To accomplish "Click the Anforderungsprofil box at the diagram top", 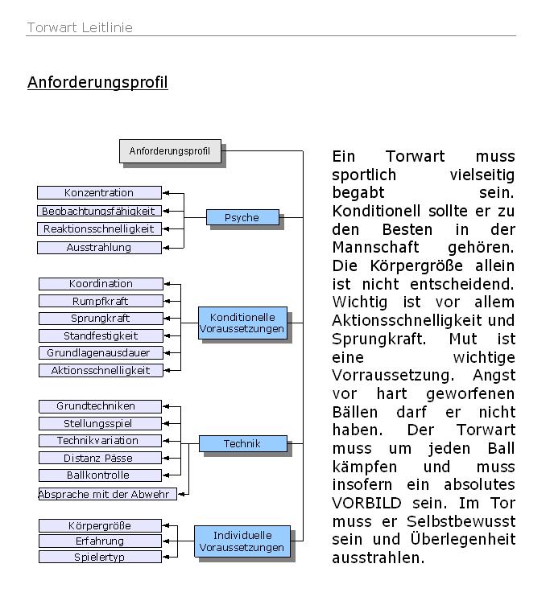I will [x=170, y=150].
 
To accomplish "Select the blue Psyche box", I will [x=242, y=217].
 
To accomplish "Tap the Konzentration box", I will [x=99, y=192].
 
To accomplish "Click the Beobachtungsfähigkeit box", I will [x=99, y=211].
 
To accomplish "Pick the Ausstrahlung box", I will [x=99, y=247].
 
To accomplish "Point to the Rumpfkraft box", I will [x=101, y=301].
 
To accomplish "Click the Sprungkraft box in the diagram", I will [x=101, y=318].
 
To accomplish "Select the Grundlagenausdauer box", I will [x=101, y=352].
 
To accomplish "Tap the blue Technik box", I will [x=242, y=443].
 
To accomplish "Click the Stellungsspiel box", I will [x=99, y=423].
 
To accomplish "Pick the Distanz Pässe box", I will [x=99, y=458].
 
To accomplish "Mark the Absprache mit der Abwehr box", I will [x=105, y=494].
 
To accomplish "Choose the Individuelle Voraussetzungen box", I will [x=242, y=541].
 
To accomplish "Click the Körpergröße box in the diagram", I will [x=99, y=525].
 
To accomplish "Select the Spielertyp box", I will [x=99, y=557].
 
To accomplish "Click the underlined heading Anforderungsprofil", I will [x=97, y=82].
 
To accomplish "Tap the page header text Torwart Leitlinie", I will [x=80, y=27].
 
